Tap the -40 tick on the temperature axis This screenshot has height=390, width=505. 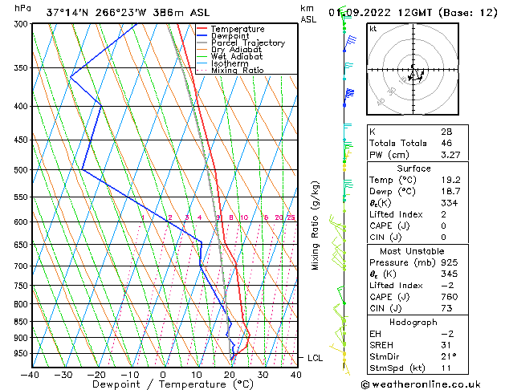coord(31,374)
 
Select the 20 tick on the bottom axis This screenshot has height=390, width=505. coord(230,374)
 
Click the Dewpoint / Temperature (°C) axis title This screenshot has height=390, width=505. coord(163,384)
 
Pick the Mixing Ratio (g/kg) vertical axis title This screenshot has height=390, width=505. coord(316,225)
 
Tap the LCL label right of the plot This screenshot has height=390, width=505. coord(315,358)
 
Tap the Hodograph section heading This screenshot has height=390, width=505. coord(413,322)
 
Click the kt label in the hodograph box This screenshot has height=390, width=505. coord(373,29)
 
